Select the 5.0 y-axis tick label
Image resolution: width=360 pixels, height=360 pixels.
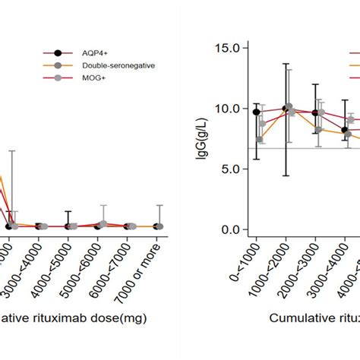pos(228,169)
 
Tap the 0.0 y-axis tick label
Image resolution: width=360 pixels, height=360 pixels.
pos(228,230)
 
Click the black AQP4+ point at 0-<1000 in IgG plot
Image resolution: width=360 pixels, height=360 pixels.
pos(257,112)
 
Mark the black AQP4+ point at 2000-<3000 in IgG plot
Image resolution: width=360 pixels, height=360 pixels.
pos(316,112)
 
